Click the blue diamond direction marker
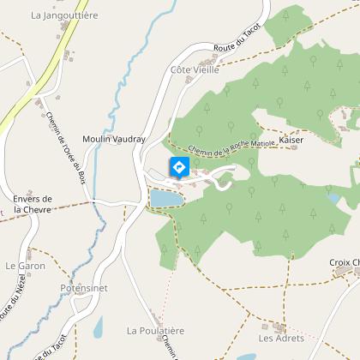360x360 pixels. (179, 168)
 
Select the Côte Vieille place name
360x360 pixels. (195, 70)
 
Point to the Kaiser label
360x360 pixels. (291, 138)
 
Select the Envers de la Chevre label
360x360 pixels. (33, 204)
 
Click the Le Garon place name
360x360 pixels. (25, 266)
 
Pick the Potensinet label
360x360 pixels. (84, 289)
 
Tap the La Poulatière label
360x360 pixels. (155, 329)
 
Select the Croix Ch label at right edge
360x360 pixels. (344, 262)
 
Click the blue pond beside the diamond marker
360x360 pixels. (166, 199)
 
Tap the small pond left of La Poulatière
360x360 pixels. (98, 327)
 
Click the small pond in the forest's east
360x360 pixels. (333, 198)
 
